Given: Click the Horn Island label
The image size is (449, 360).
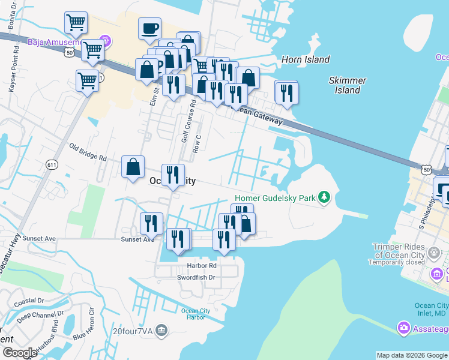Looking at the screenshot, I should [x=306, y=59].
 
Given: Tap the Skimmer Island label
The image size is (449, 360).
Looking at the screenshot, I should [x=348, y=85].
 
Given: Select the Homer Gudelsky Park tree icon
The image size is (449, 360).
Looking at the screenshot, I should [x=324, y=197].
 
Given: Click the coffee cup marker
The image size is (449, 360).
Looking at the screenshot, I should [x=149, y=28].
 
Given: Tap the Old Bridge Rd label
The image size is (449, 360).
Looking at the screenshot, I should [x=88, y=152].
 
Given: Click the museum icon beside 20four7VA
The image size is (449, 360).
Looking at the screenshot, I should [x=161, y=329].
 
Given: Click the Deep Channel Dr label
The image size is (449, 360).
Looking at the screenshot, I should [x=40, y=314].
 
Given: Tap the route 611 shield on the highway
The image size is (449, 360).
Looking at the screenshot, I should [x=51, y=164].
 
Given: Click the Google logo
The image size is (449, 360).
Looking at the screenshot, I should [x=20, y=353].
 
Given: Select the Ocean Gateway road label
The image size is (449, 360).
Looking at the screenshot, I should [x=258, y=115].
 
